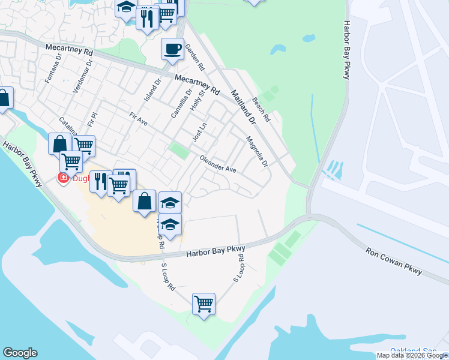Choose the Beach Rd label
(262, 110)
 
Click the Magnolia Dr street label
(257, 151)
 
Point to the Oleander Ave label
(218, 165)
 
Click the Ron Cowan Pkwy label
(393, 260)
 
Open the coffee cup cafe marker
(172, 49)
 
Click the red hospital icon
(61, 177)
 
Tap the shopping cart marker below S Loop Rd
(203, 304)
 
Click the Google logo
(20, 353)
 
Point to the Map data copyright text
(412, 355)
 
